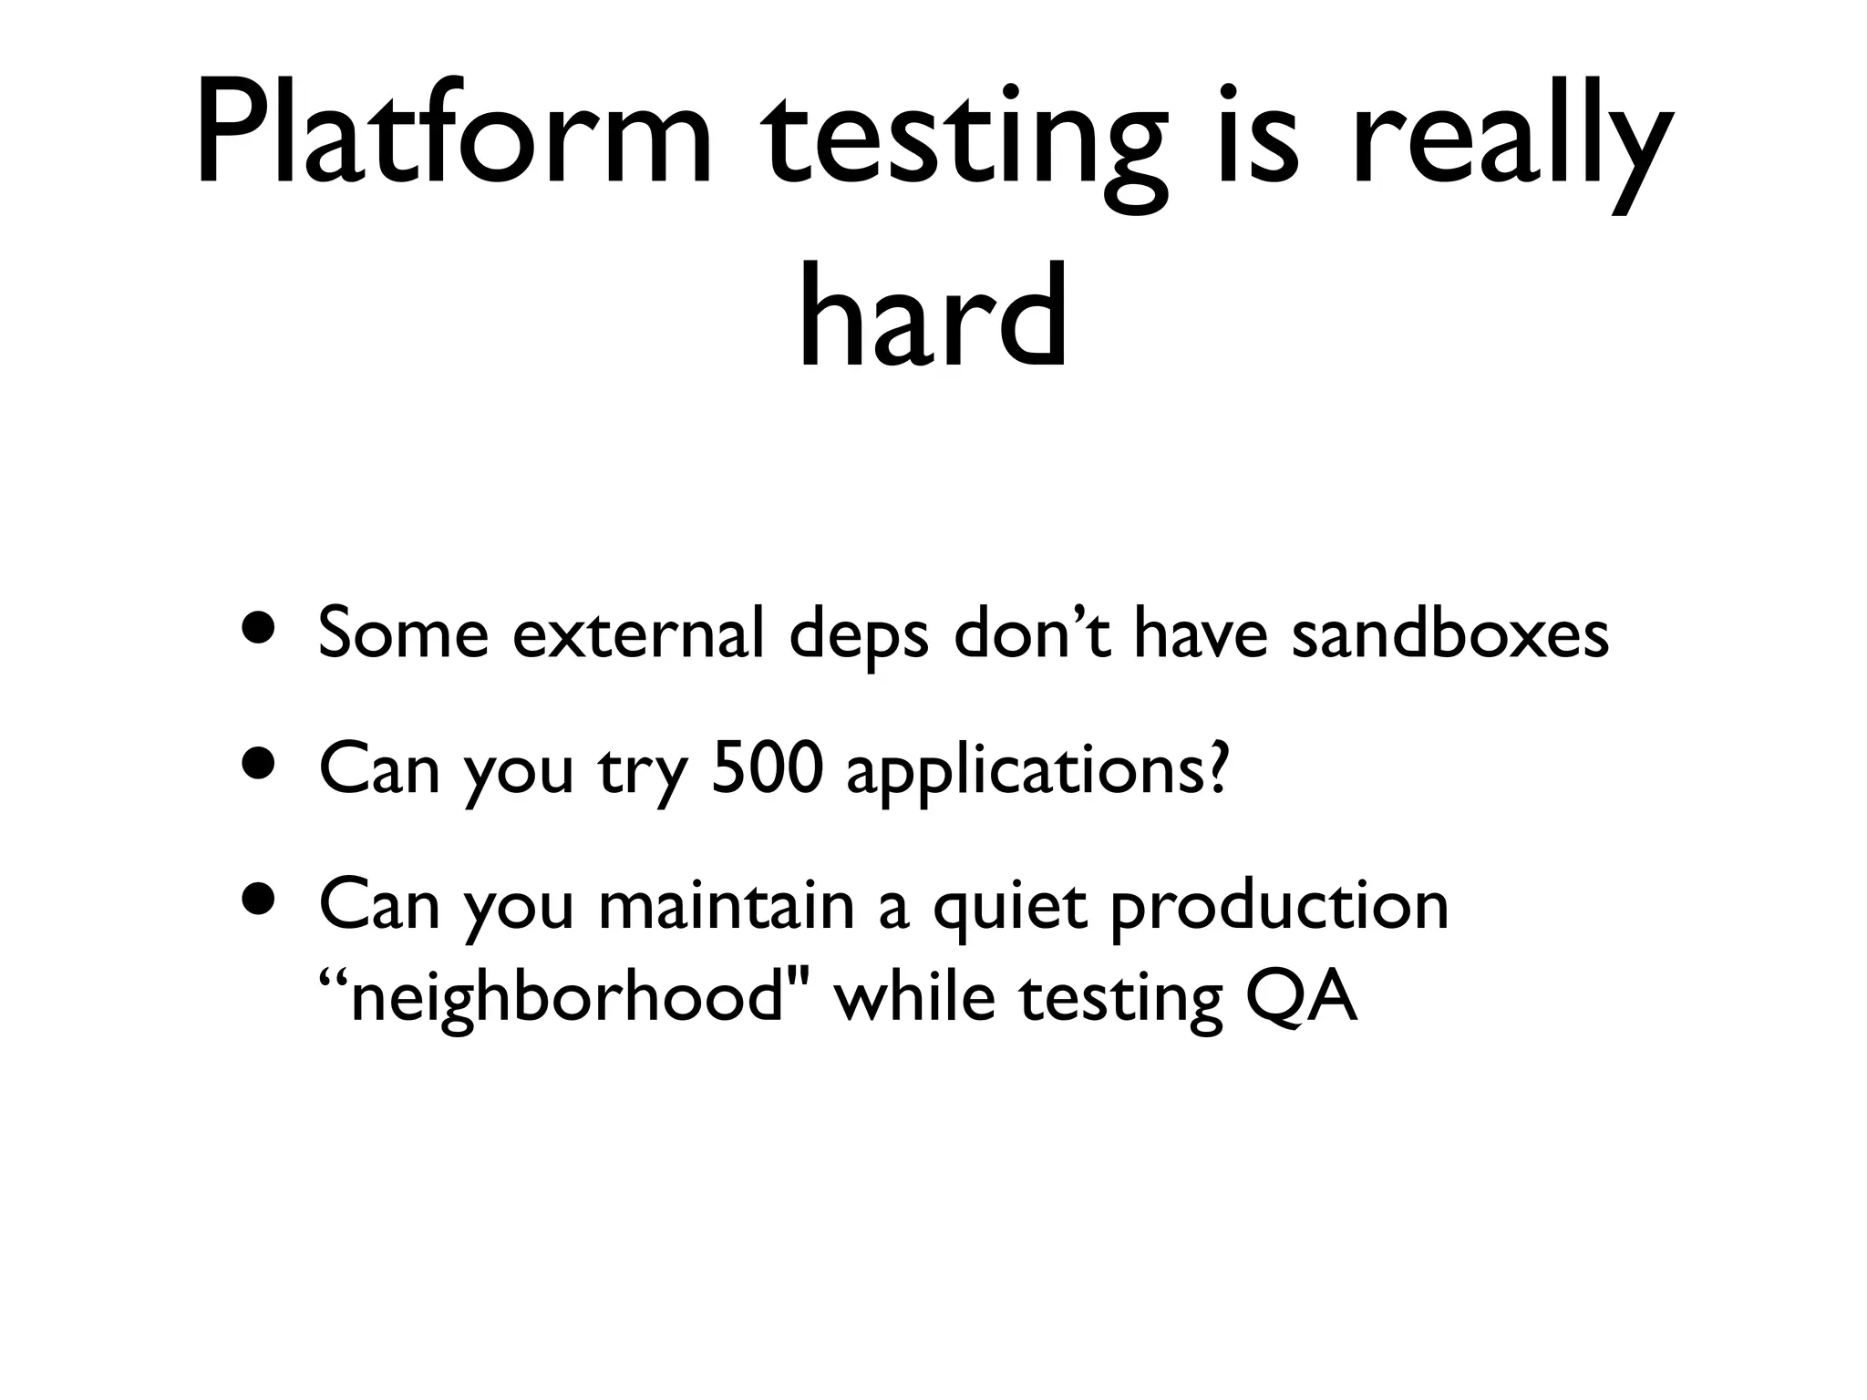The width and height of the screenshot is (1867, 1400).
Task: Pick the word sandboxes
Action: [x=1450, y=633]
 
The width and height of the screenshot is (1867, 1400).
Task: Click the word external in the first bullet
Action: [x=637, y=633]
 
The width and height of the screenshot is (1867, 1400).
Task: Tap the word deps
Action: [x=858, y=638]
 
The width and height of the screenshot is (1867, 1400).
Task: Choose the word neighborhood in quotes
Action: [x=565, y=999]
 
